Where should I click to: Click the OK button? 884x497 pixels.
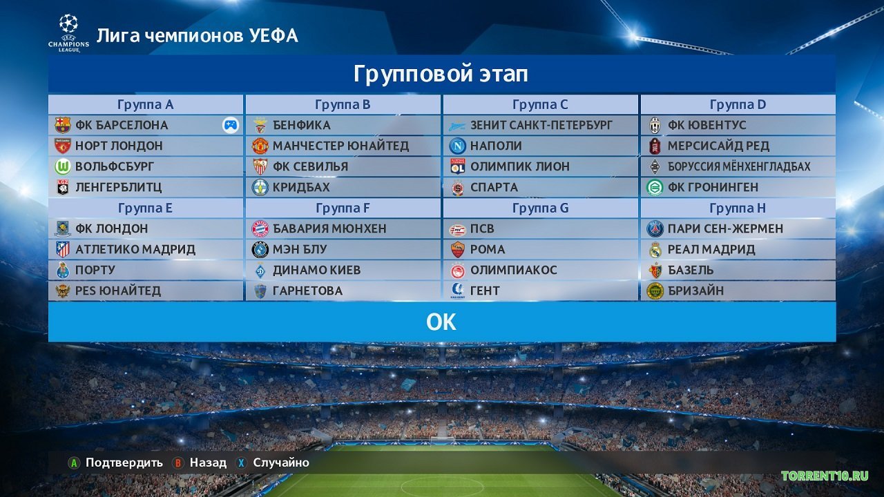(x=441, y=322)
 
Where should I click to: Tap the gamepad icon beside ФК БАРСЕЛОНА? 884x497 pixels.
(x=230, y=125)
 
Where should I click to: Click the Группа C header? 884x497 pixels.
(x=540, y=105)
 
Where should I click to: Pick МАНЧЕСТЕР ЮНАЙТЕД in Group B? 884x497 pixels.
(x=340, y=146)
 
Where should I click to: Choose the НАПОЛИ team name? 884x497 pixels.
(x=496, y=146)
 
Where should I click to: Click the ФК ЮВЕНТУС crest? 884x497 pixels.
(x=655, y=125)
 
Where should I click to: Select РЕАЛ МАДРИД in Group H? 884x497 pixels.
(x=711, y=249)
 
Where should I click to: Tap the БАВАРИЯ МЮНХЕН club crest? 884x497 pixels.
(x=260, y=228)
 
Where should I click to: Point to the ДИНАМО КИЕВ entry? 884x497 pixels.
(x=316, y=270)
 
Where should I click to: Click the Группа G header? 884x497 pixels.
(x=540, y=208)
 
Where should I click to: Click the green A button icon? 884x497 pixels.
(x=73, y=462)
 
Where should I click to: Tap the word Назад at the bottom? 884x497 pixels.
(x=208, y=462)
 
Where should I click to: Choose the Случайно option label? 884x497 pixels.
(x=281, y=462)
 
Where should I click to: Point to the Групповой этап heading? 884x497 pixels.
(x=441, y=74)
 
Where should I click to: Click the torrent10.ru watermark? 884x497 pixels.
(x=825, y=476)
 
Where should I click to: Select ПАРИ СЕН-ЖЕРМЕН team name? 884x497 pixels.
(x=725, y=228)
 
